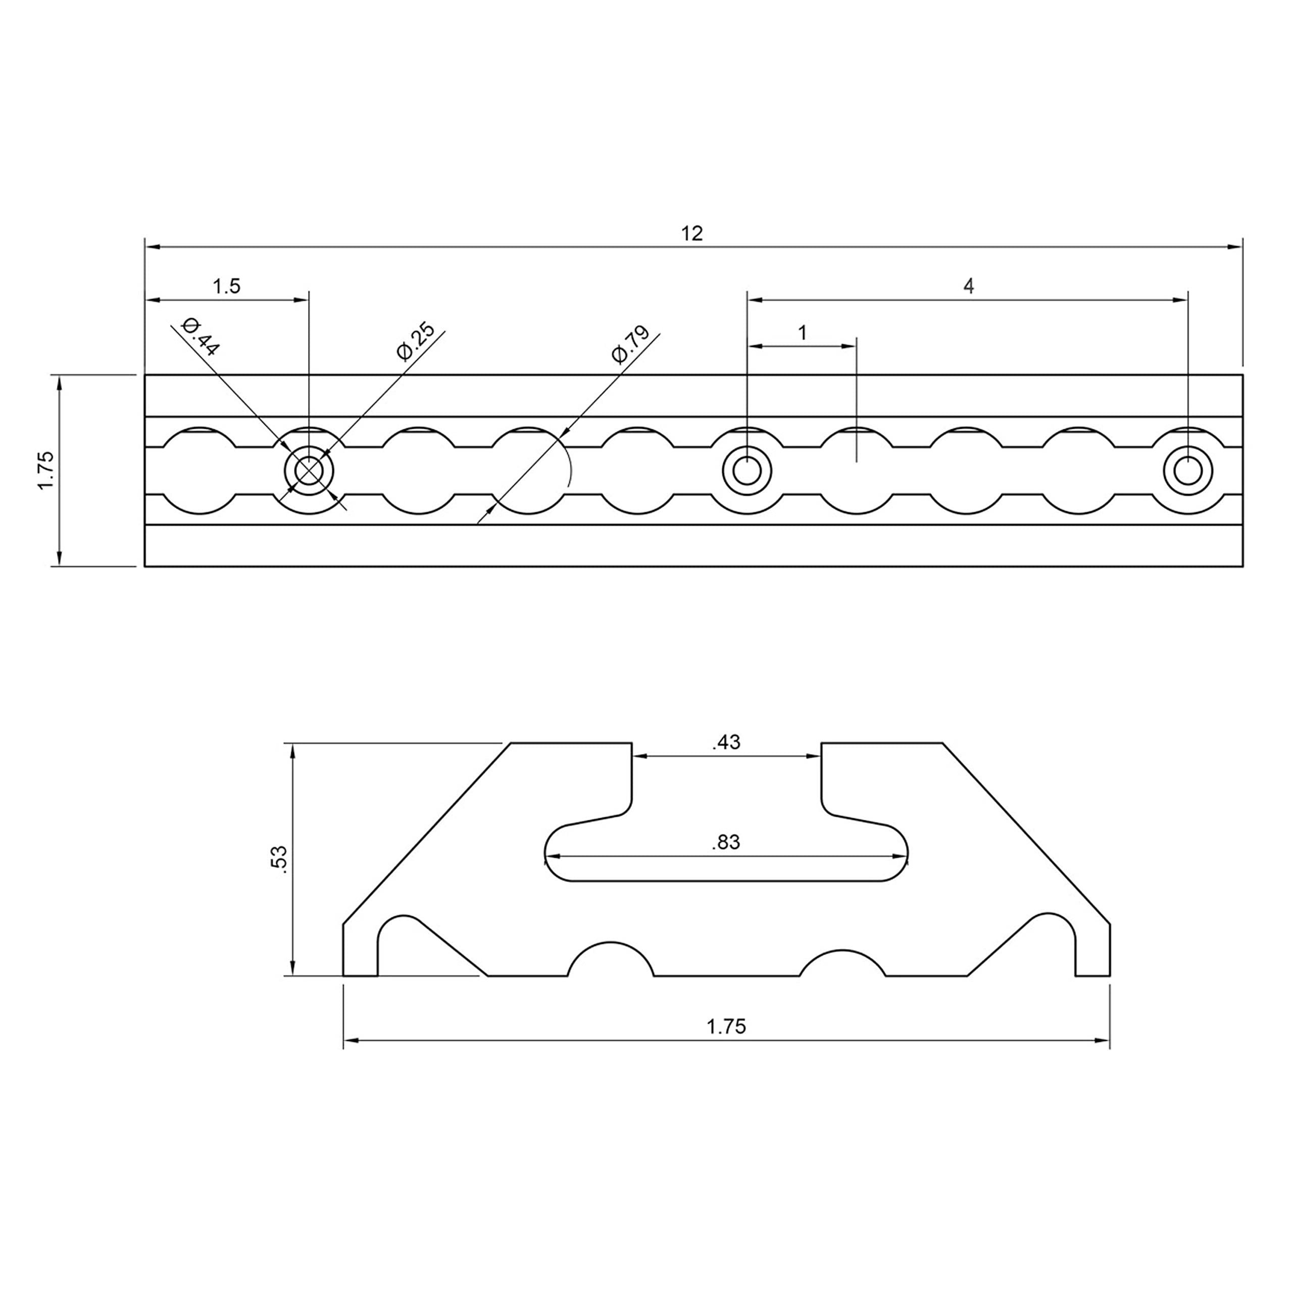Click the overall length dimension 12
692,233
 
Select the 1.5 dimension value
226,286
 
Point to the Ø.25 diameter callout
416,341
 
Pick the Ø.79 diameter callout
630,344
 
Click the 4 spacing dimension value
968,286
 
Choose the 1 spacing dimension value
803,333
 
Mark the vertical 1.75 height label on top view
46,471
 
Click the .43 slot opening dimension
726,742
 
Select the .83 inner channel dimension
726,842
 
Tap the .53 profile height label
280,859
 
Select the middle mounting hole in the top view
747,471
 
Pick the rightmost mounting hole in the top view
1187,471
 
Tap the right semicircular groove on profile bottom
842,964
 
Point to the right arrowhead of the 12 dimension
1235,247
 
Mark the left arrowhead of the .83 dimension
553,856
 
